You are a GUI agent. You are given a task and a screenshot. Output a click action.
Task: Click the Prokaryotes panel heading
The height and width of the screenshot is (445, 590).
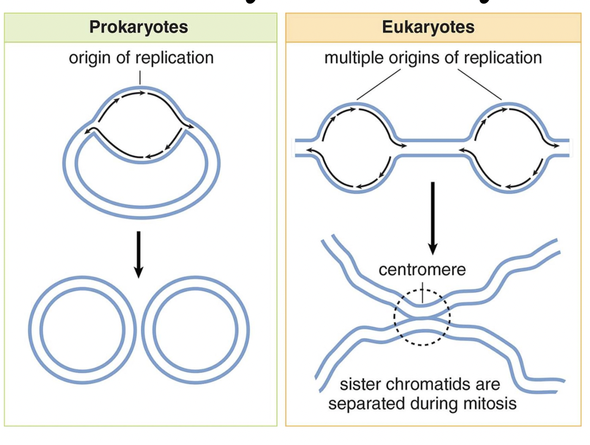139,27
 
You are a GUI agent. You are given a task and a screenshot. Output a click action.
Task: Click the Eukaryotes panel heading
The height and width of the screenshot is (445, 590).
432,27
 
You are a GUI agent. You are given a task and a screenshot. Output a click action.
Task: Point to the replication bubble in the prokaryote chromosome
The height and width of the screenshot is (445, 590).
140,125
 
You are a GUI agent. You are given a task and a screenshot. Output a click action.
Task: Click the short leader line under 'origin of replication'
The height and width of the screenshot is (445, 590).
140,78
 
